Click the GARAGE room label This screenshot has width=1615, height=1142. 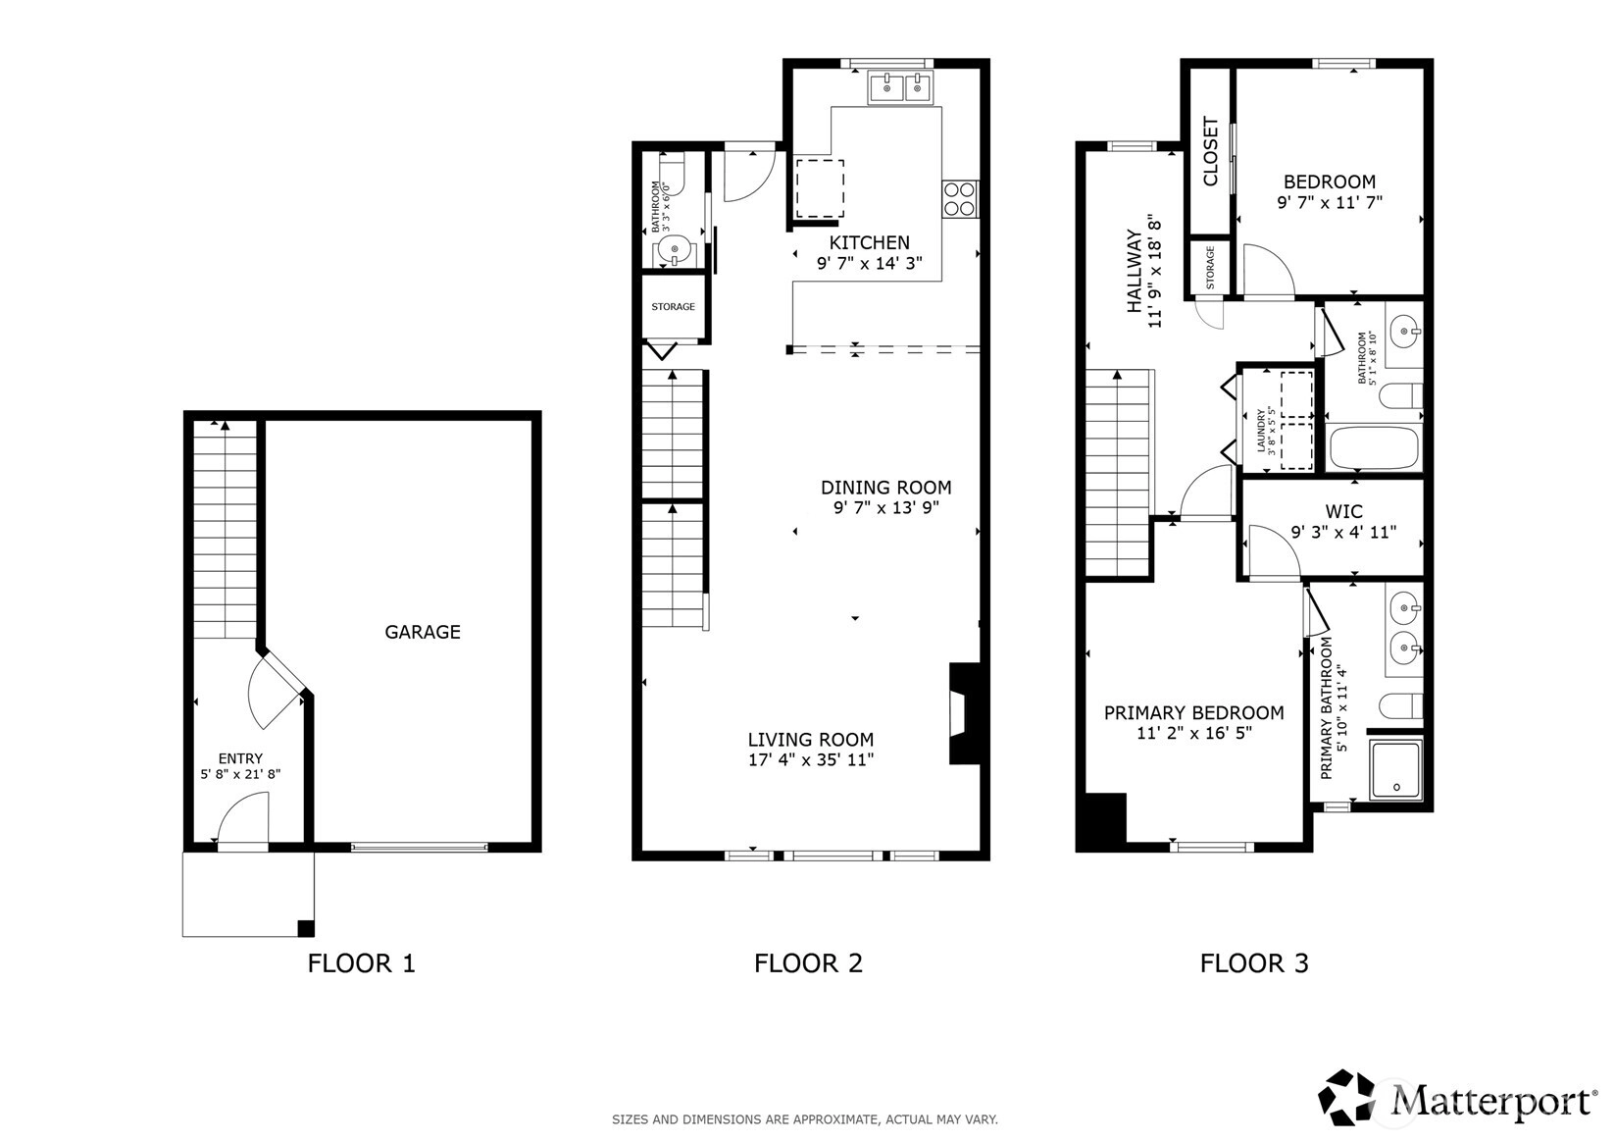click(423, 632)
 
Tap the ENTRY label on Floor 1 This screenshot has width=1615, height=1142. click(241, 758)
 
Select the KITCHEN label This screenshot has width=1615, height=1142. click(870, 242)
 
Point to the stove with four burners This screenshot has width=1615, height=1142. click(960, 199)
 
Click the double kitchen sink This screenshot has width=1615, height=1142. click(901, 88)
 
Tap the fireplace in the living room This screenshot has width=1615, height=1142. click(965, 712)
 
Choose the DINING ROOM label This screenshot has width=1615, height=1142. click(886, 488)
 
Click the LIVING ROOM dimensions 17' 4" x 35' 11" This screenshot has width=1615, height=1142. click(811, 759)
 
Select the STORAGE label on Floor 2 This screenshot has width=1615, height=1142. click(674, 307)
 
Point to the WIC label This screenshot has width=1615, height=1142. click(1344, 511)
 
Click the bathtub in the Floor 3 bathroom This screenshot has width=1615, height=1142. click(1374, 448)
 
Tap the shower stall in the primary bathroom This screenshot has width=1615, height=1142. click(1396, 769)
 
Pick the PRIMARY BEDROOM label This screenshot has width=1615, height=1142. click(1194, 712)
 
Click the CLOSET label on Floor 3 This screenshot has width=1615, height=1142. click(1211, 151)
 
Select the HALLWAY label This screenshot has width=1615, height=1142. click(1135, 271)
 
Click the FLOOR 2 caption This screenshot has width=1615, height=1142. click(808, 963)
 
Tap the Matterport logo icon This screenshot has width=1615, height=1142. click(1346, 1097)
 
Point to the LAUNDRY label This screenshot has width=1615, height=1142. click(1261, 431)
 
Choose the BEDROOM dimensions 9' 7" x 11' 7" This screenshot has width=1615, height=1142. click(1331, 203)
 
